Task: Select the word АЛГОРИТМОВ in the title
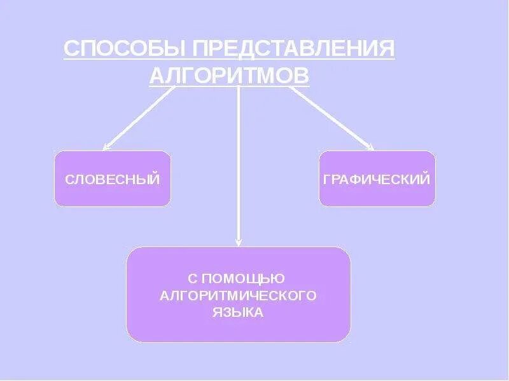coord(230,76)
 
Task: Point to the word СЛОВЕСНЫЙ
coord(113,180)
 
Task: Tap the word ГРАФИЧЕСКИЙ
coord(377,180)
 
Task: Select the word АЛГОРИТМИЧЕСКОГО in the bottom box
coord(238,296)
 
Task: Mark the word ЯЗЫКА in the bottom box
coord(238,312)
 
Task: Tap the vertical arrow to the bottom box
coord(239,165)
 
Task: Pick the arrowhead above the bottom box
coord(239,242)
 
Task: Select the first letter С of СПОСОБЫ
coord(70,50)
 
